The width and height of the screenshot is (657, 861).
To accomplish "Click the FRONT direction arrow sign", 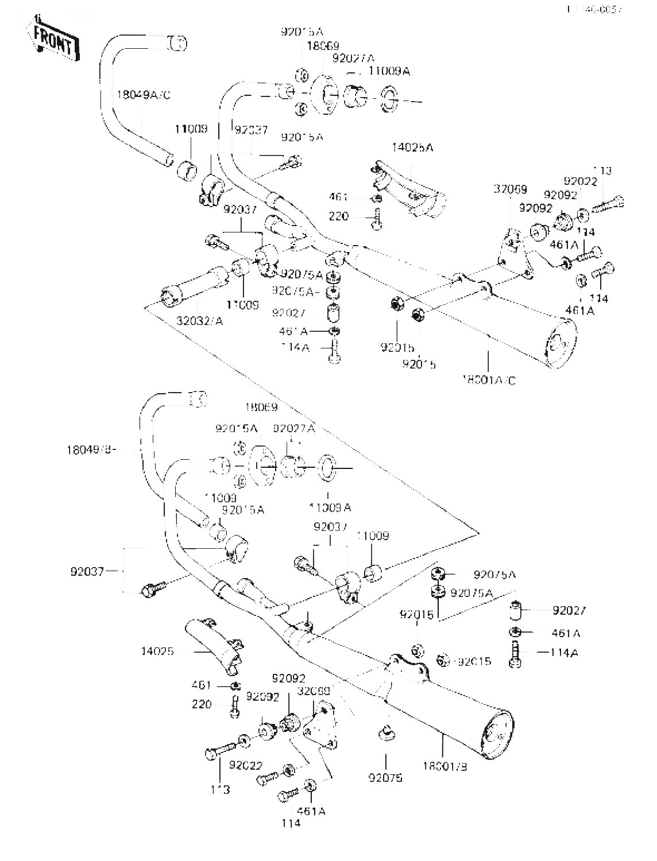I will pyautogui.click(x=54, y=41).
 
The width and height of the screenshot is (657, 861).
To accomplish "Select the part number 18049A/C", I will pyautogui.click(x=144, y=95).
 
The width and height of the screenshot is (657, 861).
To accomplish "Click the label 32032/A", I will pyautogui.click(x=199, y=320).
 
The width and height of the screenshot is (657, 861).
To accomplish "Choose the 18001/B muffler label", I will pyautogui.click(x=445, y=766).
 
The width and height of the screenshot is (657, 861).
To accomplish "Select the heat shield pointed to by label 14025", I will pyautogui.click(x=212, y=646).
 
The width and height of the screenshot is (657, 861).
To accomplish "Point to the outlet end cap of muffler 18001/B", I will pyautogui.click(x=497, y=736).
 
